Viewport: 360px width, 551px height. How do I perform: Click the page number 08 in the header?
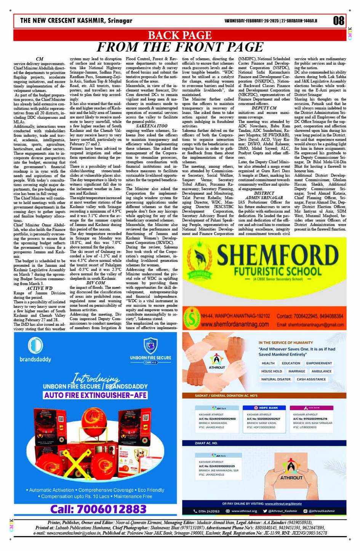(x=338, y=21)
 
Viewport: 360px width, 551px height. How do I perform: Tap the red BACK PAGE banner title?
(x=179, y=35)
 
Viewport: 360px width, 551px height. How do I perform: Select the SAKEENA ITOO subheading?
(x=152, y=125)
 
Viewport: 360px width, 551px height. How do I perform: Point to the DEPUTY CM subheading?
(x=264, y=108)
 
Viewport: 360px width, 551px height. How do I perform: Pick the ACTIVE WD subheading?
(x=40, y=288)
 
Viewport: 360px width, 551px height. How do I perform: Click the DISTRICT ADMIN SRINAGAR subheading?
(x=264, y=195)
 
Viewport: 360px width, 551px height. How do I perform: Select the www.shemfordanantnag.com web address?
(x=235, y=324)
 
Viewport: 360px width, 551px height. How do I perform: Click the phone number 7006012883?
(x=98, y=509)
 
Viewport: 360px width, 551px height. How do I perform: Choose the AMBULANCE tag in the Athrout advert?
(x=321, y=371)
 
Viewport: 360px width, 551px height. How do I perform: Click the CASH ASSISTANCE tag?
(x=311, y=379)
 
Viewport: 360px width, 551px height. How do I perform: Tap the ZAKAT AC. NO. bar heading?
(x=206, y=443)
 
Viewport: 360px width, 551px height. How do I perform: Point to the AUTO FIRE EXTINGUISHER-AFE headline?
(x=95, y=395)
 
